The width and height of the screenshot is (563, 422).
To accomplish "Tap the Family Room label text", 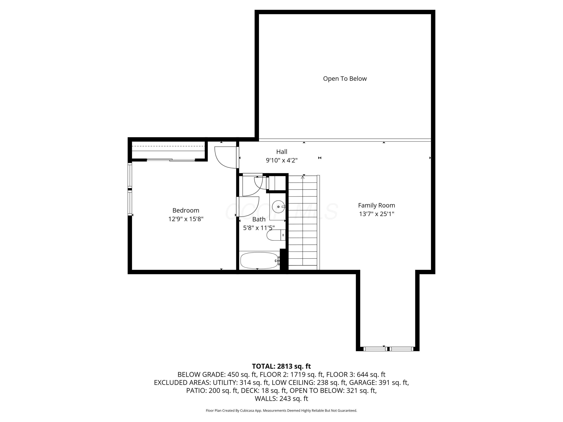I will [x=376, y=205].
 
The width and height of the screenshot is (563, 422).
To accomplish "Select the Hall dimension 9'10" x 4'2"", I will [x=281, y=160].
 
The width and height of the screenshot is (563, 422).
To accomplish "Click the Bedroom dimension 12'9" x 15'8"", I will [x=186, y=219].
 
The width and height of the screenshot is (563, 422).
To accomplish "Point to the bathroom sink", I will [x=278, y=206].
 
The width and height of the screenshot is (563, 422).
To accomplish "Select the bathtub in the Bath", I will [x=259, y=260].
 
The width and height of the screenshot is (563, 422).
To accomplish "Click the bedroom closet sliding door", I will [x=171, y=160].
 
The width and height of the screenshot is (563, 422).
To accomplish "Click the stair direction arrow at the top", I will [x=303, y=177].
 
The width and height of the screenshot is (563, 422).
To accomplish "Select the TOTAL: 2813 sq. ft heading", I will [x=281, y=366].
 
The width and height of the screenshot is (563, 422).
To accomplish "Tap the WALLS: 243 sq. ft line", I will [x=281, y=399].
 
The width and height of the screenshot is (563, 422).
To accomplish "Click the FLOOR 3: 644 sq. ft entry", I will [x=356, y=374].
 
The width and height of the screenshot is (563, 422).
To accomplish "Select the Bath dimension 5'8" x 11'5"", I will [x=259, y=228].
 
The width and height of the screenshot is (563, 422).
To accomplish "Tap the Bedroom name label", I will [x=186, y=210].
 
